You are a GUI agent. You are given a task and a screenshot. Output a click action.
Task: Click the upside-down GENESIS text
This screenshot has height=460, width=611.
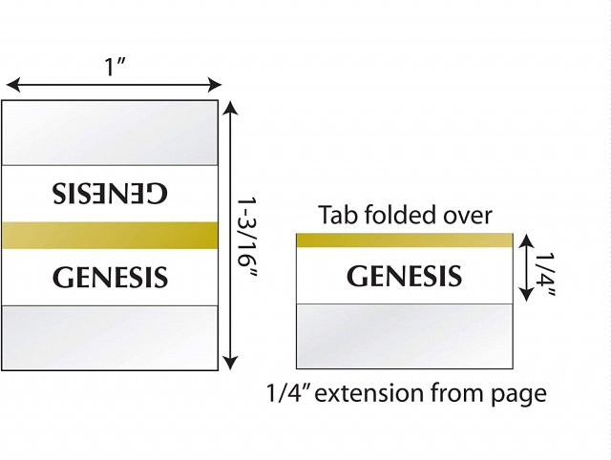pyautogui.click(x=111, y=192)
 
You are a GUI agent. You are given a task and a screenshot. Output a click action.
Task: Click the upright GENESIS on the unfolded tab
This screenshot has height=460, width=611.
pyautogui.click(x=111, y=278)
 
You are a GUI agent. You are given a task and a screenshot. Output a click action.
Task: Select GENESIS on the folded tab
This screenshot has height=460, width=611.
pyautogui.click(x=404, y=277)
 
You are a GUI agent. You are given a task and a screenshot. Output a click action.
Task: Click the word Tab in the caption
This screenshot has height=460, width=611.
pyautogui.click(x=336, y=215)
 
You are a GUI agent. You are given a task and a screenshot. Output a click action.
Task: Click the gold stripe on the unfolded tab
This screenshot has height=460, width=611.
pyautogui.click(x=111, y=235)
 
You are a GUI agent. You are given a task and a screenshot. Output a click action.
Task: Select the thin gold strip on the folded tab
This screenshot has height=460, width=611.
pyautogui.click(x=404, y=240)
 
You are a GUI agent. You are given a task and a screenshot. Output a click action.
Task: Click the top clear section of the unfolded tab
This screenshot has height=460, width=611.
pyautogui.click(x=111, y=133)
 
